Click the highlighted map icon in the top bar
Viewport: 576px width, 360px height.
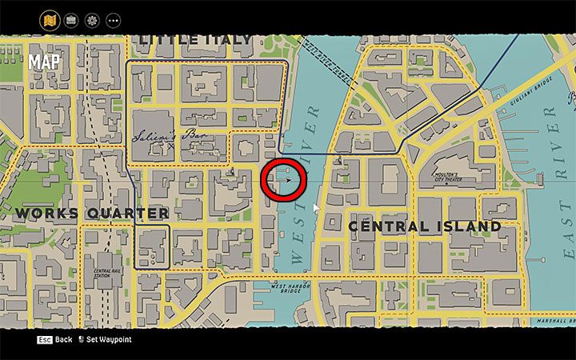coord(50,19)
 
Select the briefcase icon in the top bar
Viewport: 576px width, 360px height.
coord(71,19)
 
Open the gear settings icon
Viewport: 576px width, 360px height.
coord(92,19)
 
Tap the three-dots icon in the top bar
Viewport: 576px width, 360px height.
coord(113,19)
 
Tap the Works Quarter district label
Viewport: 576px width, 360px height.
coord(91,214)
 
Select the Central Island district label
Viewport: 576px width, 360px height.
coord(424,226)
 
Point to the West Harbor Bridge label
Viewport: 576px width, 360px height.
coord(290,288)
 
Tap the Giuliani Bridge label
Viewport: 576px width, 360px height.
coord(531,82)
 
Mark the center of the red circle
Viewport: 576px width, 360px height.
coord(284,179)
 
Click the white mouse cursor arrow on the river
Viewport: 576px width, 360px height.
coord(316,209)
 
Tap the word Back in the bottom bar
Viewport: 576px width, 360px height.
coord(63,340)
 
